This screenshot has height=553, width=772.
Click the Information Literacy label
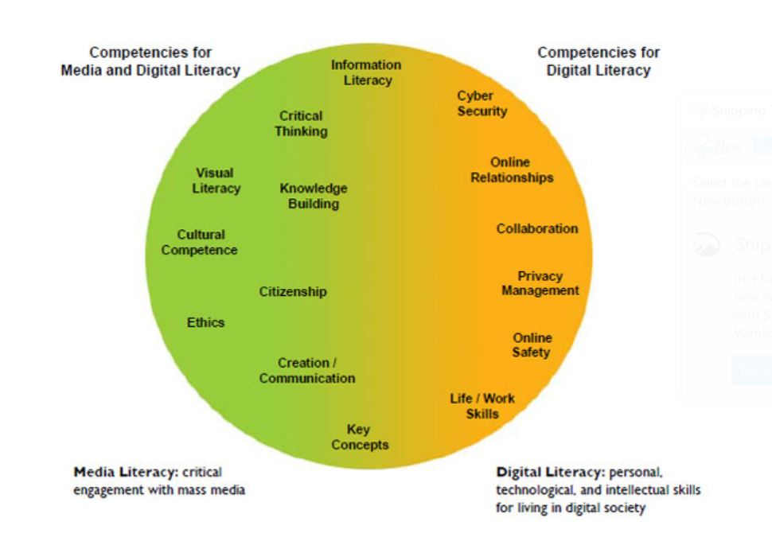[x=366, y=72]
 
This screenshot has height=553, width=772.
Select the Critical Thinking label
[x=301, y=123]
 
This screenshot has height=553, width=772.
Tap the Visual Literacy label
[x=216, y=181]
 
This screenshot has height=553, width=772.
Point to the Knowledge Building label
[x=314, y=196]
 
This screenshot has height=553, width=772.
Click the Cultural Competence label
[x=200, y=243]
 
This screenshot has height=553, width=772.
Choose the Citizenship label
[x=293, y=292]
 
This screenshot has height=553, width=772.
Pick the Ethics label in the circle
[x=205, y=322]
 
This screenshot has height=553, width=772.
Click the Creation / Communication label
[x=307, y=371]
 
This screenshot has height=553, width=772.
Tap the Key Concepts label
[x=360, y=437]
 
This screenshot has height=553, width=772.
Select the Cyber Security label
[x=482, y=103]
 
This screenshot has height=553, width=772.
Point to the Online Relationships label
[x=511, y=170]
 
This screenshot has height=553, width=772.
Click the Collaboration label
[x=537, y=228]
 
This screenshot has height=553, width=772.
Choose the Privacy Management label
[x=540, y=283]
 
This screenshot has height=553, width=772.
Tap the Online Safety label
[x=532, y=345]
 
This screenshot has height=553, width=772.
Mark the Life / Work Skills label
[x=482, y=406]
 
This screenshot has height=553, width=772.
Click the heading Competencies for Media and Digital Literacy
[x=150, y=61]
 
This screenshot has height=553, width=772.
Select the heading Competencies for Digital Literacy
[x=598, y=61]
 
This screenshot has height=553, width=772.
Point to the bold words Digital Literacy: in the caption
[x=550, y=472]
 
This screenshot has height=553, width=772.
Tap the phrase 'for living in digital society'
[x=570, y=508]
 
